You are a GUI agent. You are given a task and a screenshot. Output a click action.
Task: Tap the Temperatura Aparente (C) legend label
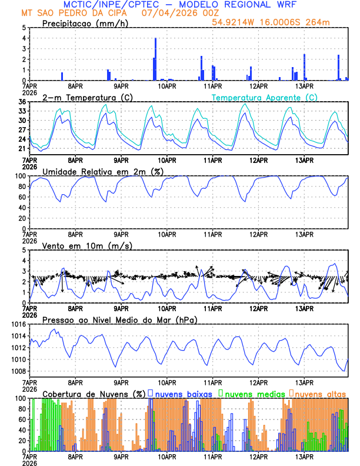tap(265, 97)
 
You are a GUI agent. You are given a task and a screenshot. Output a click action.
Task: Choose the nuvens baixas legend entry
tap(180, 393)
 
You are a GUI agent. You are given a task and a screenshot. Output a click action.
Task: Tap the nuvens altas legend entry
tap(318, 393)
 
